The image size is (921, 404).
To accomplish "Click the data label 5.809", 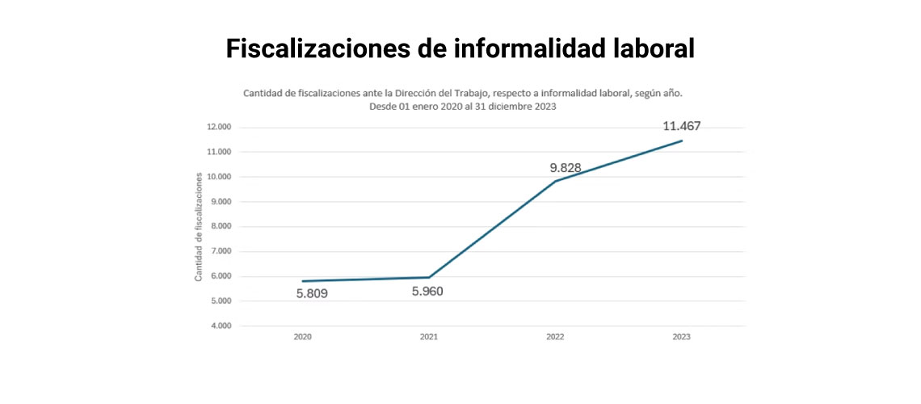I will pos(312,294).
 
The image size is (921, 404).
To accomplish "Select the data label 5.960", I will pos(427,292).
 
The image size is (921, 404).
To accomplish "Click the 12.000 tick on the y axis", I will pos(219,127).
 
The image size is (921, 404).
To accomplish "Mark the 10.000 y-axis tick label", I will pos(219,177).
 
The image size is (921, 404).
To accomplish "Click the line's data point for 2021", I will pos(429,277).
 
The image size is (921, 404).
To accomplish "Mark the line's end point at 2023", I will pos(682,141).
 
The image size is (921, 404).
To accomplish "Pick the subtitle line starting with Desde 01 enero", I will pos(463,106).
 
